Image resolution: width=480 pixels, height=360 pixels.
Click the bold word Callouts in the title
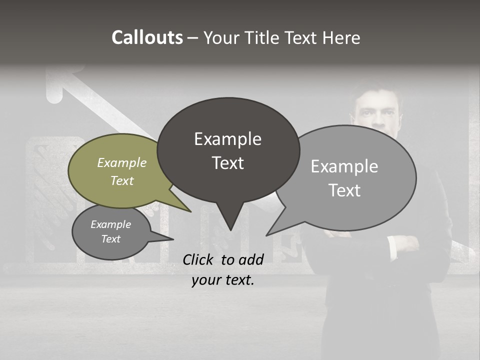pyautogui.click(x=147, y=37)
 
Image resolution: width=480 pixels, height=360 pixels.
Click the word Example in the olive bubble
pyautogui.click(x=121, y=162)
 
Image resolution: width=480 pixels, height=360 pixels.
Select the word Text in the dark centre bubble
pyautogui.click(x=228, y=163)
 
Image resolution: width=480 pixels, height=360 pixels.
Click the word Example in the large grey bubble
pyautogui.click(x=344, y=166)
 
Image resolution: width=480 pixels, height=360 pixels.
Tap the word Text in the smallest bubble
pyautogui.click(x=111, y=239)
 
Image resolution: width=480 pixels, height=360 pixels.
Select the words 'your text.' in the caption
pyautogui.click(x=223, y=280)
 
